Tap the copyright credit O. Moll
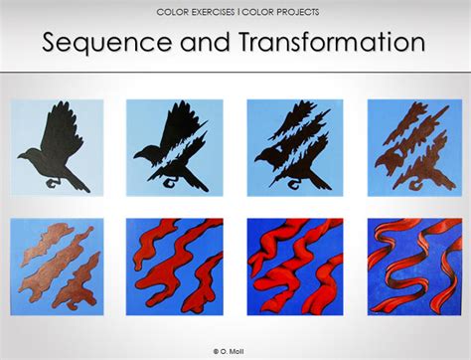coord(235,351)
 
